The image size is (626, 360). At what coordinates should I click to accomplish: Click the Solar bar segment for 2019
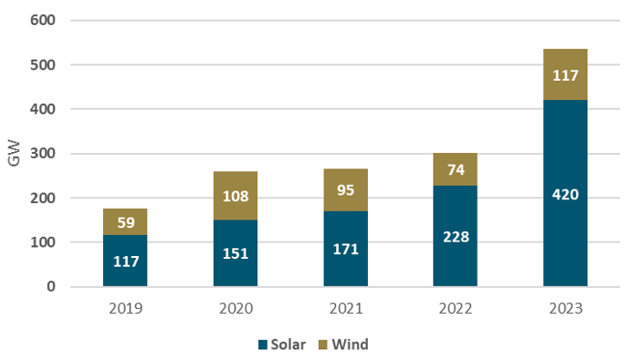(x=125, y=260)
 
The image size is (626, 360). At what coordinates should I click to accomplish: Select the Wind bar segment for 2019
(x=125, y=221)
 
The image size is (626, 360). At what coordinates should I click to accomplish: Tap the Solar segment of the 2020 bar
(x=235, y=253)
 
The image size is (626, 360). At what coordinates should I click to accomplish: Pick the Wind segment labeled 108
(x=235, y=196)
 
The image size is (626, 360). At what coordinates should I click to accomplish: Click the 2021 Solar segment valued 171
(x=345, y=248)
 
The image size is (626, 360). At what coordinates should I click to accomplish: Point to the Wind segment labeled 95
(x=345, y=190)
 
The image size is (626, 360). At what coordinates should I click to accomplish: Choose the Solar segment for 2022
(x=455, y=236)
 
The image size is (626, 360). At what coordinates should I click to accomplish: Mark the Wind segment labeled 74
(x=455, y=169)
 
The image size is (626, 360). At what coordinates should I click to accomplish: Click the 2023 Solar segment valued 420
(x=565, y=193)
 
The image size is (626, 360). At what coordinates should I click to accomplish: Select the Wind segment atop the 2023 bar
(x=565, y=74)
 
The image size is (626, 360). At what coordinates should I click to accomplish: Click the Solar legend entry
(x=280, y=344)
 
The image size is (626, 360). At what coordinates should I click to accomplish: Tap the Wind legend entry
(x=344, y=344)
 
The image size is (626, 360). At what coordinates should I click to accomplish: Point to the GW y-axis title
(x=13, y=154)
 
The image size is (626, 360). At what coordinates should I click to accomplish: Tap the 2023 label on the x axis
(x=565, y=310)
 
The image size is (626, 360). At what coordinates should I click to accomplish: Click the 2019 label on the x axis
(x=125, y=310)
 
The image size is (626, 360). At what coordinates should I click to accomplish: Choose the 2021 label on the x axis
(x=345, y=310)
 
